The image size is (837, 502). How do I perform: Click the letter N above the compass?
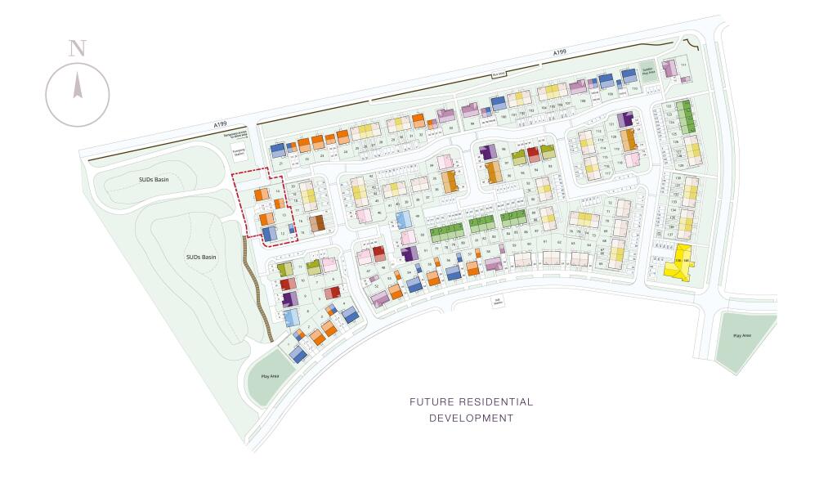77,47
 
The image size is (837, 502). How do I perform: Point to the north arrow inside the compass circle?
78,85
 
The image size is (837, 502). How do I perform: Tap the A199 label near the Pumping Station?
220,123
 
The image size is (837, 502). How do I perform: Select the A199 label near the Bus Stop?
559,53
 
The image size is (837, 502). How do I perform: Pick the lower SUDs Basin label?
201,258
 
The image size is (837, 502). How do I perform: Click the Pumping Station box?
239,152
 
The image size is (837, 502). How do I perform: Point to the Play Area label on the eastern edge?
742,336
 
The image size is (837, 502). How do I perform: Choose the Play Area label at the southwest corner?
270,377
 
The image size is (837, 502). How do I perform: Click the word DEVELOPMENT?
472,419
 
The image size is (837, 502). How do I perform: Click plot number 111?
683,64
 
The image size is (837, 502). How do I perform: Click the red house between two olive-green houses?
533,153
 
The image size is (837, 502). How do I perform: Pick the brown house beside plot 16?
316,222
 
